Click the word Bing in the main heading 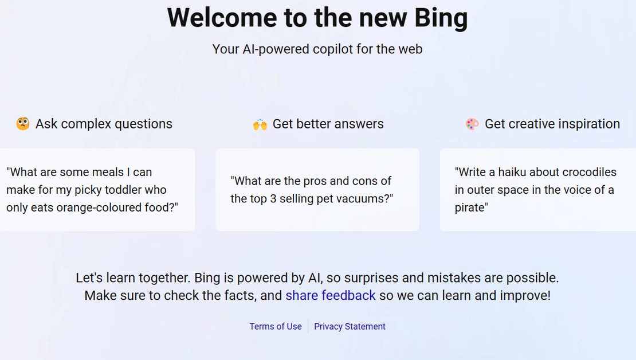tap(441, 19)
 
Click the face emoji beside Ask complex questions tap(23, 124)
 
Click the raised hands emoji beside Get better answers tap(260, 124)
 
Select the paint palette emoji tap(472, 124)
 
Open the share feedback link tap(331, 295)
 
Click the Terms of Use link tap(276, 326)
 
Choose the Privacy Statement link tap(350, 326)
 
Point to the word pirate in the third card tap(470, 208)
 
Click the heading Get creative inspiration tap(552, 124)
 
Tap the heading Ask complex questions tap(104, 124)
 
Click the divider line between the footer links tap(308, 326)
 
